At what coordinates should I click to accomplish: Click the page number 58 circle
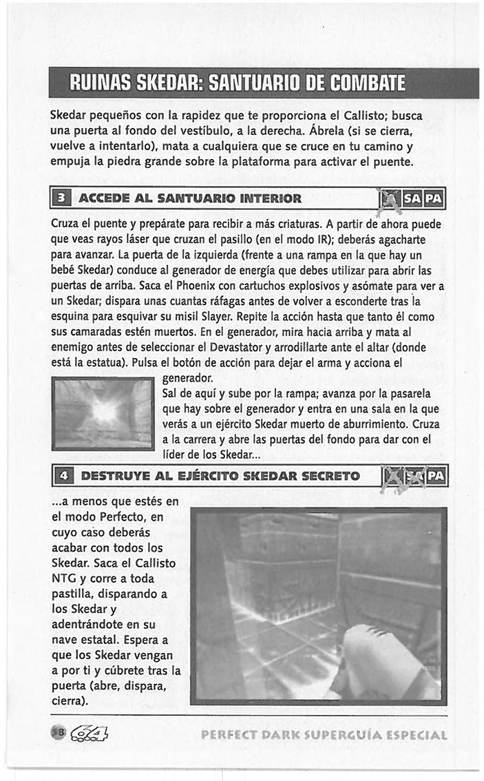[57, 733]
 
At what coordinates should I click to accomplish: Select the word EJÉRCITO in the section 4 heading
[212, 476]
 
